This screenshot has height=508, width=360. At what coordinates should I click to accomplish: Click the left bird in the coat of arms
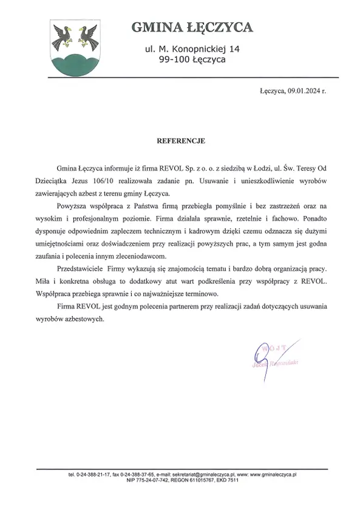point(63,36)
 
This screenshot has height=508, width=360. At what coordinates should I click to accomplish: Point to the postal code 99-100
point(172,60)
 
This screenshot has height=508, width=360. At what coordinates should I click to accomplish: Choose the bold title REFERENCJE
point(181,141)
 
